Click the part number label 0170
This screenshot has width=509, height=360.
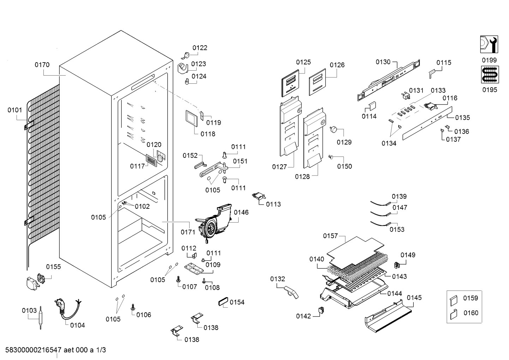[42, 65]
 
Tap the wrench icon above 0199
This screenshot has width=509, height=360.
[489, 45]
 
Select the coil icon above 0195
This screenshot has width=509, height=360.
[489, 75]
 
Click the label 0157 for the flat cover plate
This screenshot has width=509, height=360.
[330, 236]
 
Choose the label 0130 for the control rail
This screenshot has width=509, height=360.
[383, 62]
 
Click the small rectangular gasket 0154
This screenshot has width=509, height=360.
[223, 302]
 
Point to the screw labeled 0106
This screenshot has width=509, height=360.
[133, 307]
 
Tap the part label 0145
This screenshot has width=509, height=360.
[414, 297]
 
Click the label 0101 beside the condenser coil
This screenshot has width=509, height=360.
[15, 110]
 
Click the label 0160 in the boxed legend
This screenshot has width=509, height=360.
[471, 313]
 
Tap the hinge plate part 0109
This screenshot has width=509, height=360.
[194, 269]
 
